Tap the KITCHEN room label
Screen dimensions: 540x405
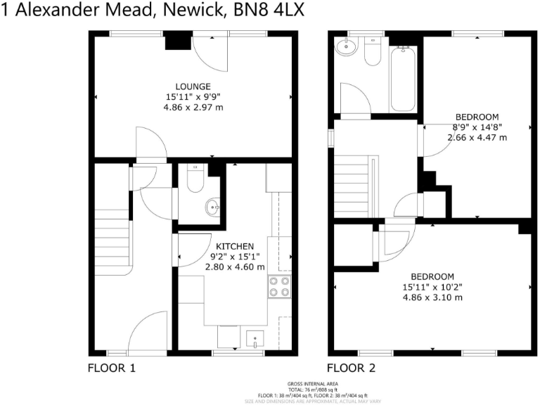click(235, 246)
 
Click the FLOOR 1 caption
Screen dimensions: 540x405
click(111, 368)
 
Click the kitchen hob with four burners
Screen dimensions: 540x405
click(278, 286)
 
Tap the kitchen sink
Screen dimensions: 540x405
click(254, 339)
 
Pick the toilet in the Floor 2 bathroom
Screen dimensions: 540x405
click(372, 51)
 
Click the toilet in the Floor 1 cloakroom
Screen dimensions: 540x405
click(195, 179)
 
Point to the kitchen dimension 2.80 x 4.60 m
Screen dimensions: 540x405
click(235, 266)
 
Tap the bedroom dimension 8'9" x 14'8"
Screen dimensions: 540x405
click(477, 127)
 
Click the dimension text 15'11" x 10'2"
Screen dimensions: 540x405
click(428, 287)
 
